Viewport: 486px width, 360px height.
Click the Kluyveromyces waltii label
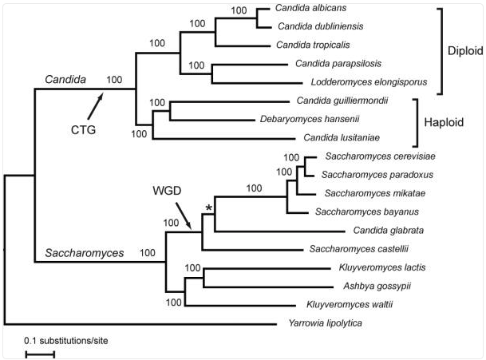pyautogui.click(x=342, y=304)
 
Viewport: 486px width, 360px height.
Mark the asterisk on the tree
pyautogui.click(x=209, y=208)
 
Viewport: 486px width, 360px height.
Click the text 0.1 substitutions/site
pyautogui.click(x=65, y=340)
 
